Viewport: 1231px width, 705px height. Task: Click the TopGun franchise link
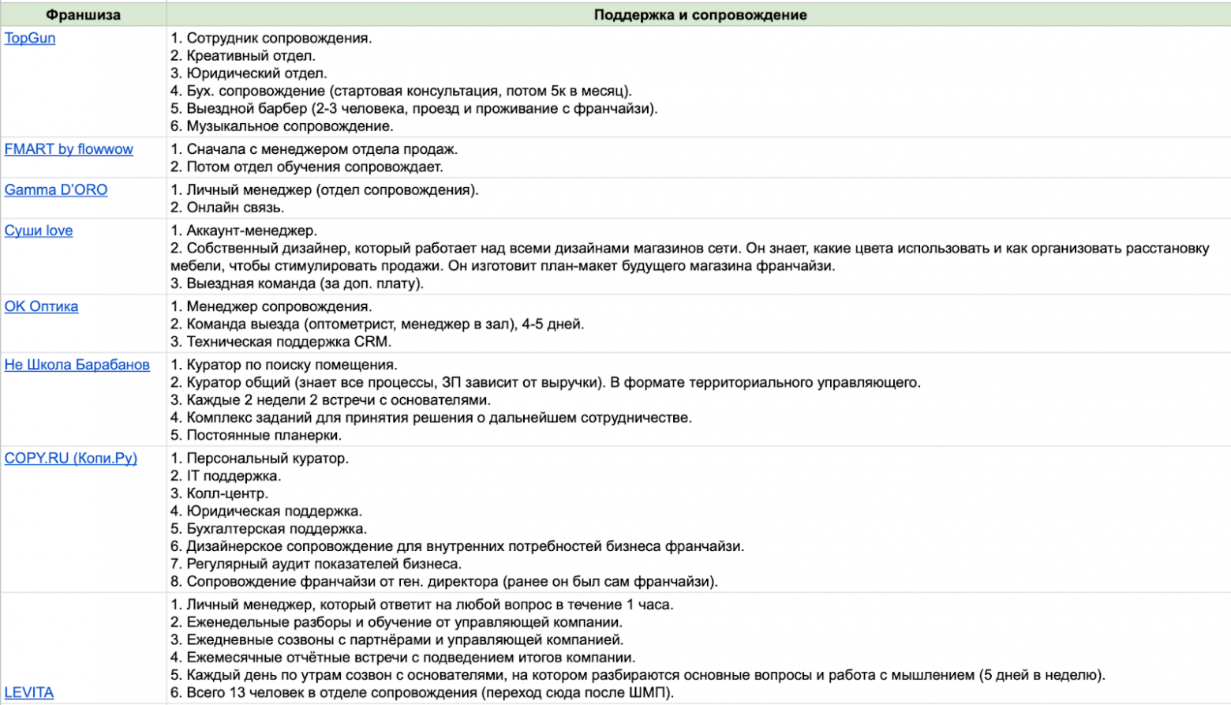pos(30,38)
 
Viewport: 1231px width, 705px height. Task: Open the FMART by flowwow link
pos(69,149)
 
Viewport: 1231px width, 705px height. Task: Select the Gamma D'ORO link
pos(56,189)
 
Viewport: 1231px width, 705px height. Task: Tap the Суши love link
pos(39,231)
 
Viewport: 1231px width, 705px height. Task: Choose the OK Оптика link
pos(41,306)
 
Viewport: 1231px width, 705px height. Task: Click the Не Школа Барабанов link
pos(77,365)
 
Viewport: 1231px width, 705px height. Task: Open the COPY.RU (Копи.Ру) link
pos(71,458)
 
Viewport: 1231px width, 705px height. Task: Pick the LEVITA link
pos(29,692)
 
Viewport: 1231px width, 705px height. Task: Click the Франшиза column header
pos(83,15)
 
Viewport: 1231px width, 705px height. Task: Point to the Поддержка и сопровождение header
pos(700,15)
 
